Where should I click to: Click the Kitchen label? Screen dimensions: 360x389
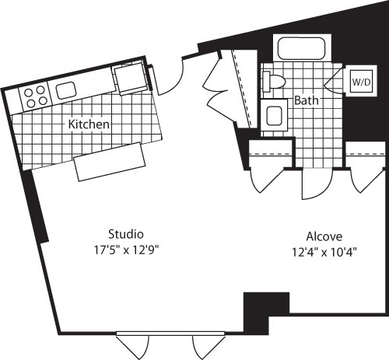[88, 124]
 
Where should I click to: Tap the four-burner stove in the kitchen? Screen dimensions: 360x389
[33, 96]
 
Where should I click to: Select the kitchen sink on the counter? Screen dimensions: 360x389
[65, 89]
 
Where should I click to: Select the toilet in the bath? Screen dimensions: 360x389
[275, 80]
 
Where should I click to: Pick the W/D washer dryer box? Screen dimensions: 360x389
[361, 81]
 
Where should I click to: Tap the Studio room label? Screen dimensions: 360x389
[125, 233]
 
